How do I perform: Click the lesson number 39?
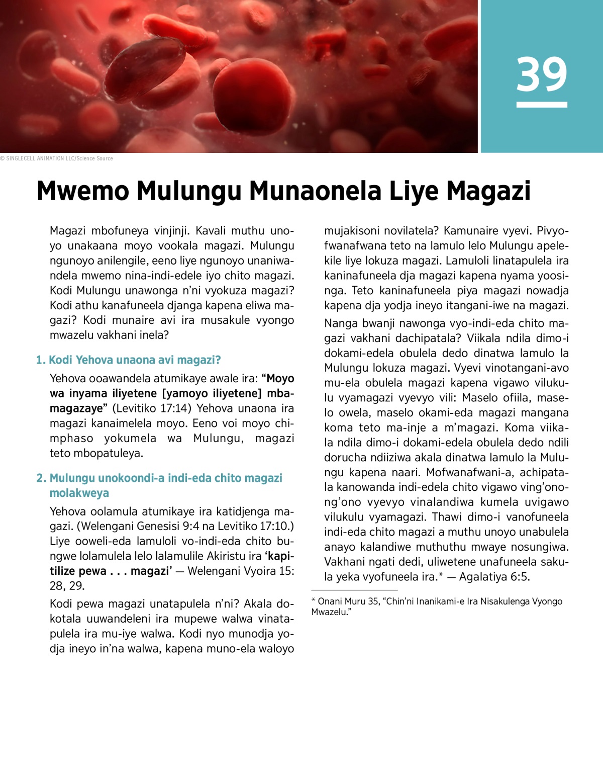(542, 74)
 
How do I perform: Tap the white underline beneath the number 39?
(542, 105)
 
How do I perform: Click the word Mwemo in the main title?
(82, 192)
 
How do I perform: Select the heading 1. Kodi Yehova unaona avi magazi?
(129, 360)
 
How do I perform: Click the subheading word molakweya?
(79, 493)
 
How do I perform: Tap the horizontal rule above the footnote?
(354, 590)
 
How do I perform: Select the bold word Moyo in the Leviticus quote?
(280, 379)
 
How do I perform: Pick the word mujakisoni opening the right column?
(352, 231)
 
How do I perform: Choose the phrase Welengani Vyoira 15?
(241, 571)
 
